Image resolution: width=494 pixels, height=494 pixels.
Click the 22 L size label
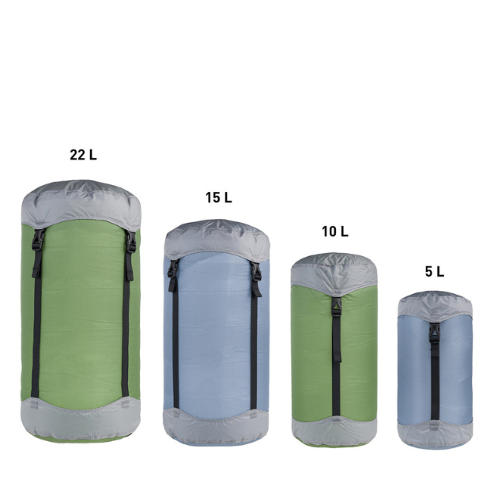click(83, 155)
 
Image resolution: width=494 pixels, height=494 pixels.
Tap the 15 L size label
click(219, 198)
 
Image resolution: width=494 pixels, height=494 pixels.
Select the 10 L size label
click(335, 232)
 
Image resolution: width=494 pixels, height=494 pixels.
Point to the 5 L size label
click(435, 272)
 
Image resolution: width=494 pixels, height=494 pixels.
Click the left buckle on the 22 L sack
click(38, 240)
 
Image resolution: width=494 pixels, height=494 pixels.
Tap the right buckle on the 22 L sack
click(130, 242)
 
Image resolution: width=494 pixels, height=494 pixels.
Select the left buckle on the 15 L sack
click(172, 269)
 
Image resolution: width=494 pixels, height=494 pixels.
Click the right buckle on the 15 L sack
click(256, 271)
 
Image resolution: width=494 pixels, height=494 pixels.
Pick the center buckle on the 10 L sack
click(336, 307)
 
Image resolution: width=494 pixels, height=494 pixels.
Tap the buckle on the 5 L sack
click(435, 333)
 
